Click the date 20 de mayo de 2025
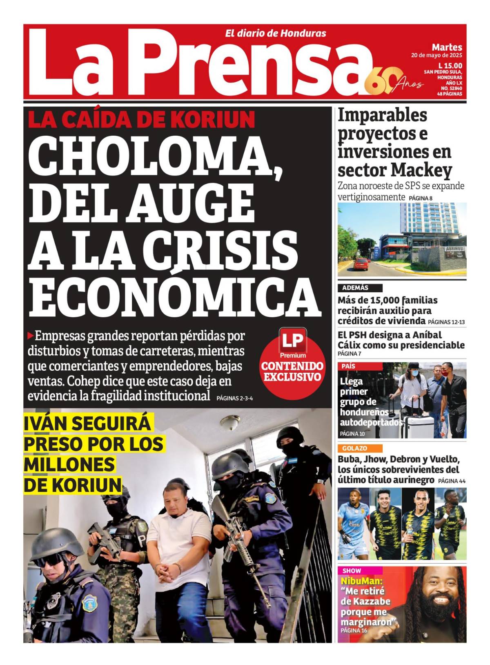tap(437, 56)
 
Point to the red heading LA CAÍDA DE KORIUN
tap(141, 119)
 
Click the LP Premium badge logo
tap(293, 343)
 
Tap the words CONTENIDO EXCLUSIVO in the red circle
tap(292, 371)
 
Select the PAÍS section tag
tap(349, 366)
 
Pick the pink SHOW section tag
tap(352, 571)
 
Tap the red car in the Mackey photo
tap(362, 265)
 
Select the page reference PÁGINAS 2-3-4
tap(234, 398)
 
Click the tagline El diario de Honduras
tap(276, 34)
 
